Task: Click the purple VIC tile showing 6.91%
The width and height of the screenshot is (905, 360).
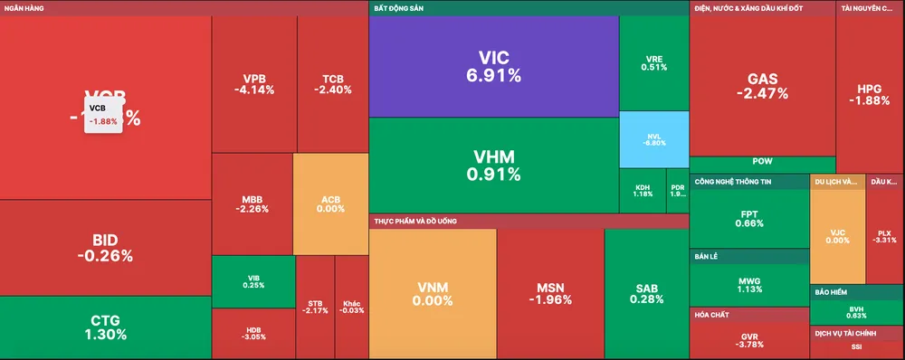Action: click(493, 67)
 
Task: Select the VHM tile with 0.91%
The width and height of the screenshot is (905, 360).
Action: click(493, 165)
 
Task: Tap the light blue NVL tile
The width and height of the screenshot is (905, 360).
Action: click(653, 138)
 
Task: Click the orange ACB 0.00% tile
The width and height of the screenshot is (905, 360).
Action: click(330, 203)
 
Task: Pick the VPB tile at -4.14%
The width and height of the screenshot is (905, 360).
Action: click(253, 83)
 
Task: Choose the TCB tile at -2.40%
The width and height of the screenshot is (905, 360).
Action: click(332, 83)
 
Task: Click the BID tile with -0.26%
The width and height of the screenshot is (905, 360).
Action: click(105, 248)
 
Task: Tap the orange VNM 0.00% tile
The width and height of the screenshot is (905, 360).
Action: click(433, 293)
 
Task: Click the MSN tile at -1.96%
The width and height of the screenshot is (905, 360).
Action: click(550, 293)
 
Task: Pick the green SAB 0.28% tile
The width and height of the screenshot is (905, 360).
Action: click(646, 293)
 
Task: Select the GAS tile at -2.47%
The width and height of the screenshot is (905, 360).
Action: click(761, 86)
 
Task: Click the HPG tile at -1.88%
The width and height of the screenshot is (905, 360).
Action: click(870, 94)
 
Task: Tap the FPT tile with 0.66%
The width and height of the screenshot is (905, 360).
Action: click(748, 218)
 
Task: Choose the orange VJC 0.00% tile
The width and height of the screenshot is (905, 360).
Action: click(837, 235)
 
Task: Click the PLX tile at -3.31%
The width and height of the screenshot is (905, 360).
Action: click(885, 235)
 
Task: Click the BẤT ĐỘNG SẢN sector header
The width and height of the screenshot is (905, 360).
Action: click(398, 8)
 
